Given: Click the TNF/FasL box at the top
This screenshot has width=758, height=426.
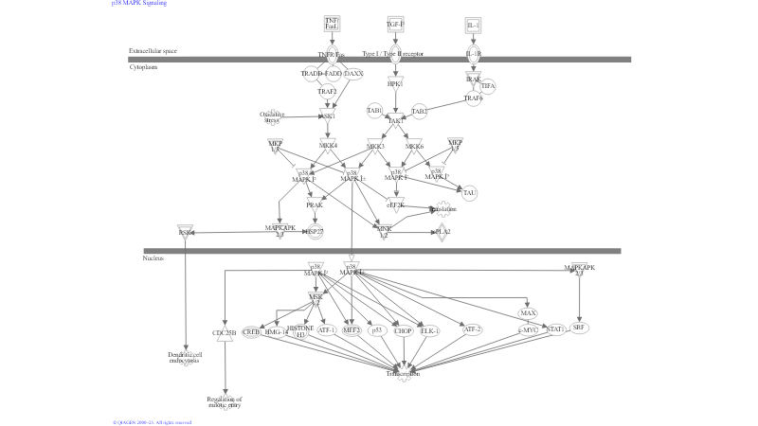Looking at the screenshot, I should tap(332, 24).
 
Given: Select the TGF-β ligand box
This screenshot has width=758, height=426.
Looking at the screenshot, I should tap(395, 24).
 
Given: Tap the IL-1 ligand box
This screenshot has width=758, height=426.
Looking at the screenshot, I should tap(474, 26).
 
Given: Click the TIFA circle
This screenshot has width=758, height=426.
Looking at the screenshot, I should tap(488, 86).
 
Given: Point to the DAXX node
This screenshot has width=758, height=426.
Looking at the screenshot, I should tap(353, 74).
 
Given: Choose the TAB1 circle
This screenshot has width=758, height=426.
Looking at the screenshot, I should tap(374, 112).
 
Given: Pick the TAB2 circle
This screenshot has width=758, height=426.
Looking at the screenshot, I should tap(419, 112).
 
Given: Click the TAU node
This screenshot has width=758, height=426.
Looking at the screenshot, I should tap(469, 193).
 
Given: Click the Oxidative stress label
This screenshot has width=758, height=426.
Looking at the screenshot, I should tap(273, 117).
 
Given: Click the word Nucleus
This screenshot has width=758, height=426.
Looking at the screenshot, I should tap(153, 258).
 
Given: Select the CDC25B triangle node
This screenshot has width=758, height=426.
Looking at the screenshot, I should tap(225, 333).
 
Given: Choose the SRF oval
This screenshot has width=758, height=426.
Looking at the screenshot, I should tap(580, 328).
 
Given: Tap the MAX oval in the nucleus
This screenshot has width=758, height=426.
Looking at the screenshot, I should tap(528, 313).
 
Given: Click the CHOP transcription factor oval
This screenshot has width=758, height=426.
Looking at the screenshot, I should tap(404, 330).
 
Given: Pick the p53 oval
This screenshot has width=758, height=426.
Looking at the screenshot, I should tap(376, 330).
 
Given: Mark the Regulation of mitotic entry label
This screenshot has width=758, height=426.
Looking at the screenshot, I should tap(226, 401).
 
